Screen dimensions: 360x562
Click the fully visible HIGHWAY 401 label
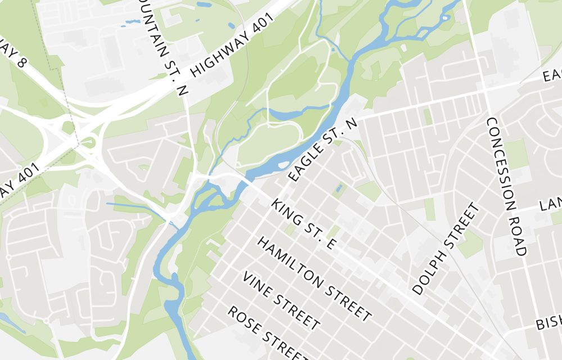pyautogui.click(x=232, y=44)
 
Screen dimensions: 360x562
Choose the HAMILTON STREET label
pyautogui.click(x=315, y=279)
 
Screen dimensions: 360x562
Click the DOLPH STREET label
pyautogui.click(x=447, y=249)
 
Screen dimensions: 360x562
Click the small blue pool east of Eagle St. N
pyautogui.click(x=338, y=188)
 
